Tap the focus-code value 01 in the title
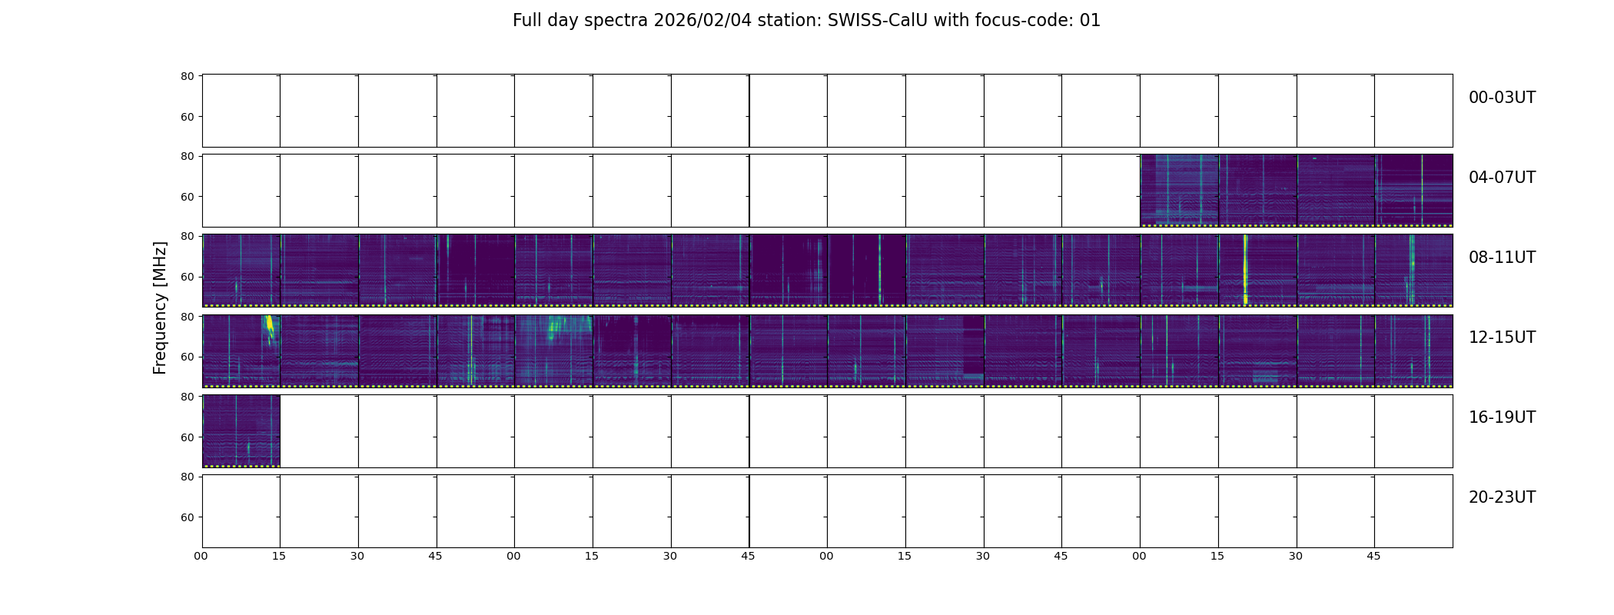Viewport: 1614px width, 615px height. (1090, 21)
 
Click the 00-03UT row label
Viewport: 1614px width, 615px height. (1502, 98)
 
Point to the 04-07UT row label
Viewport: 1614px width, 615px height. (1502, 178)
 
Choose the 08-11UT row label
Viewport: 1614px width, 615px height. (1502, 258)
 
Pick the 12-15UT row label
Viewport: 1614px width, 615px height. (1502, 337)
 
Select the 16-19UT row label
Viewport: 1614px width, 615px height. (1502, 417)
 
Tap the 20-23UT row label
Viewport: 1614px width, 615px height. (1502, 497)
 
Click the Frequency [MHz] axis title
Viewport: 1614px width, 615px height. (160, 307)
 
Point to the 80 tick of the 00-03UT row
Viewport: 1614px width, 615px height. (187, 76)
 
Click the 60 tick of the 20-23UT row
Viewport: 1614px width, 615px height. (187, 517)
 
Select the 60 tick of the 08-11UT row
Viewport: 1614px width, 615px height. (187, 277)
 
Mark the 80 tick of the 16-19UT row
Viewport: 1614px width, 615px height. (187, 397)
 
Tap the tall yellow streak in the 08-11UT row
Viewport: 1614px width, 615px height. (1245, 269)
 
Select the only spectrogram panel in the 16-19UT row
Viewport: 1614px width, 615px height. (241, 430)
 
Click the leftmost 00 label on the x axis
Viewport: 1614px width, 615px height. (201, 556)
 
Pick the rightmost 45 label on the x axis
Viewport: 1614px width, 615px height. (1373, 556)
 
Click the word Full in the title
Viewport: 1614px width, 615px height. (526, 21)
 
